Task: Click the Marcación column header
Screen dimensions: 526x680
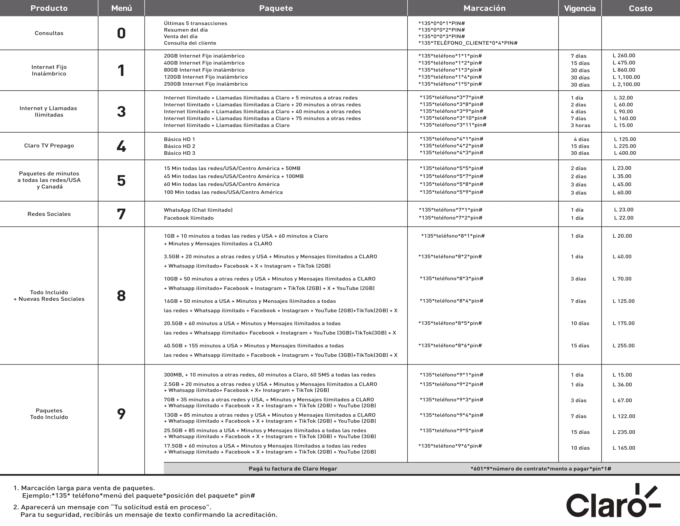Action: pyautogui.click(x=484, y=8)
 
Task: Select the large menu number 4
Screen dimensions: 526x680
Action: pyautogui.click(x=121, y=146)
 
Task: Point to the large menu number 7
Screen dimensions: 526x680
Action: pyautogui.click(x=121, y=214)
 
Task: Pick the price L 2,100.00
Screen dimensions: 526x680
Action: pyautogui.click(x=626, y=84)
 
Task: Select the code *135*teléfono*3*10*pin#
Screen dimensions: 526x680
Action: pyautogui.click(x=453, y=118)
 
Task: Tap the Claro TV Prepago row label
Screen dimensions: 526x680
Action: pyautogui.click(x=49, y=145)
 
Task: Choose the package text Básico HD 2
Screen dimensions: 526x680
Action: pyautogui.click(x=179, y=146)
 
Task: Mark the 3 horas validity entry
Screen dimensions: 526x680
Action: pyautogui.click(x=580, y=125)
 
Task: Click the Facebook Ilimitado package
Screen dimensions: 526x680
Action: pyautogui.click(x=189, y=218)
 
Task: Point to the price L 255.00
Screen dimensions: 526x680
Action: pyautogui.click(x=623, y=346)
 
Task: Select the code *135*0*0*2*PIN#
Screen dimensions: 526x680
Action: pyautogui.click(x=442, y=30)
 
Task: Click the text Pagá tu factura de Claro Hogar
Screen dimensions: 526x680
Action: pyautogui.click(x=293, y=469)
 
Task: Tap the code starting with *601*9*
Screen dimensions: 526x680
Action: pyautogui.click(x=540, y=469)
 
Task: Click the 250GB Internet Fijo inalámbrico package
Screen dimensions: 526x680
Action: pyautogui.click(x=205, y=84)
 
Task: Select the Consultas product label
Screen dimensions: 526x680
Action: pyautogui.click(x=49, y=33)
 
